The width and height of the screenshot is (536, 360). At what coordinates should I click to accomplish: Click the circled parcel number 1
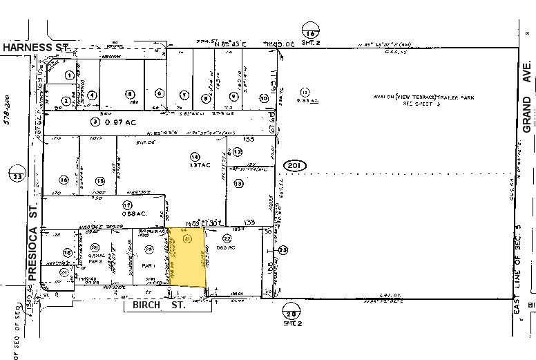(x=69, y=75)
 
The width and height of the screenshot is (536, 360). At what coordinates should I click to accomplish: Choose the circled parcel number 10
(x=263, y=97)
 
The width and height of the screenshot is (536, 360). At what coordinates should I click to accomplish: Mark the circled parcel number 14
(x=195, y=156)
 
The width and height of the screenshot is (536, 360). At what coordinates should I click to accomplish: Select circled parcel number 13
(x=238, y=184)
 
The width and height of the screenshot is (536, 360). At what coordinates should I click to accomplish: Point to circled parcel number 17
(x=126, y=205)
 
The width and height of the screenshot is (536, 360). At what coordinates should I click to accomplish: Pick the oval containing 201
(x=295, y=165)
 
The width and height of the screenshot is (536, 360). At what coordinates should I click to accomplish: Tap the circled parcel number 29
(x=148, y=248)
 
